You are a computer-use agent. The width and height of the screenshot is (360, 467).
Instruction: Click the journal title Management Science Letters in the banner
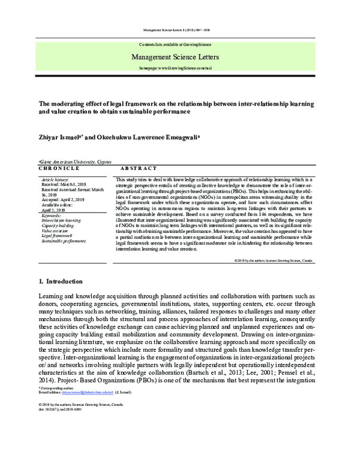[179, 57]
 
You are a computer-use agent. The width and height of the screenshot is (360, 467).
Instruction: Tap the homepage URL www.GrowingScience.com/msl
[179, 69]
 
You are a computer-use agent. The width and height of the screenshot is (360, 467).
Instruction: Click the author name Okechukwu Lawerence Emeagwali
[145, 137]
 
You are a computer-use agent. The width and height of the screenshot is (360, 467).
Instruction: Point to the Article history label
[55, 179]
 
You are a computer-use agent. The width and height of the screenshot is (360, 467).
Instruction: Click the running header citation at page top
[179, 29]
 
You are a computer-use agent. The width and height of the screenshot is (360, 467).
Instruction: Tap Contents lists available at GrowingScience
[179, 45]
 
